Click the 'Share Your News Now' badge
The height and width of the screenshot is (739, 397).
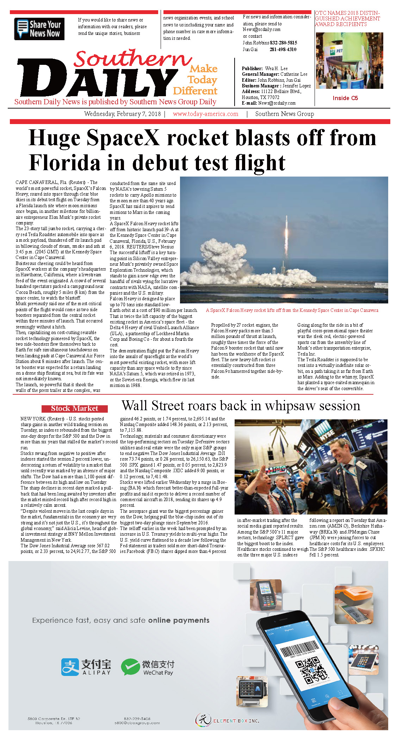(39, 29)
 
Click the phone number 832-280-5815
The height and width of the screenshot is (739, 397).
(283, 43)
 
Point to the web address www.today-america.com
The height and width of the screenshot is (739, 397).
(205, 114)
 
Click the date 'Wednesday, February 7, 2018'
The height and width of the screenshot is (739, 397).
(122, 114)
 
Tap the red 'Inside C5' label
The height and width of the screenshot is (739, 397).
(345, 98)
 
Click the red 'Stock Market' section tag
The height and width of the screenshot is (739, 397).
(74, 408)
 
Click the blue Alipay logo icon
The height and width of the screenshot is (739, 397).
(70, 666)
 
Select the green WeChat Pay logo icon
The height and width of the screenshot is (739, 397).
(130, 666)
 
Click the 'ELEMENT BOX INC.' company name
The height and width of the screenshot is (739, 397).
(236, 721)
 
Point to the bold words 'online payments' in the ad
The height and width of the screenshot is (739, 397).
(179, 620)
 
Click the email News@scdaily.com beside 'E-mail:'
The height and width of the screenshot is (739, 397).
(277, 103)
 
